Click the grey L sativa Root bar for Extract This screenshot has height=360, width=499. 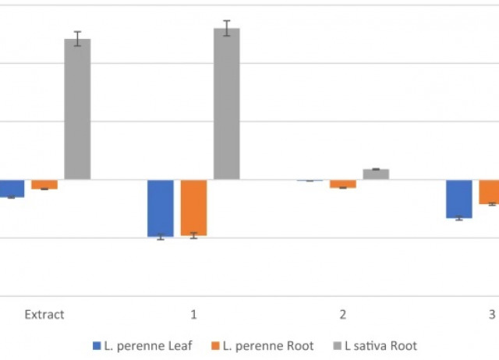[x=77, y=109]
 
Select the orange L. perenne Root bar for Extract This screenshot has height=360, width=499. [x=44, y=184]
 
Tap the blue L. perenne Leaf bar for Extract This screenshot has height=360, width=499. [x=12, y=188]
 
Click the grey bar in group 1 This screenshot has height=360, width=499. [x=227, y=104]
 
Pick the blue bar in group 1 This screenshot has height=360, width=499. [x=161, y=208]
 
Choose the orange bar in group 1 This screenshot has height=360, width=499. [x=193, y=207]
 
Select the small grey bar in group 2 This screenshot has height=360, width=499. [x=376, y=175]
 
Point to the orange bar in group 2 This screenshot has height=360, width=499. [x=343, y=184]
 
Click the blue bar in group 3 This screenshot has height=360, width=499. [x=459, y=199]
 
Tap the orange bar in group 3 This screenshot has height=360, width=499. [x=490, y=192]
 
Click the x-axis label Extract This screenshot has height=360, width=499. [x=44, y=315]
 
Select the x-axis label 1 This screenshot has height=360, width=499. [x=193, y=315]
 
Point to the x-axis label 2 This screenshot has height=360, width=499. [x=343, y=315]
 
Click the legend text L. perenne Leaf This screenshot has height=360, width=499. [x=147, y=345]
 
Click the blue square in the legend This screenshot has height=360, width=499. [x=97, y=345]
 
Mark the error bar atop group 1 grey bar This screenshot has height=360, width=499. [x=227, y=28]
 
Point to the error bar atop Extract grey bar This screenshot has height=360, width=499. [x=77, y=39]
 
